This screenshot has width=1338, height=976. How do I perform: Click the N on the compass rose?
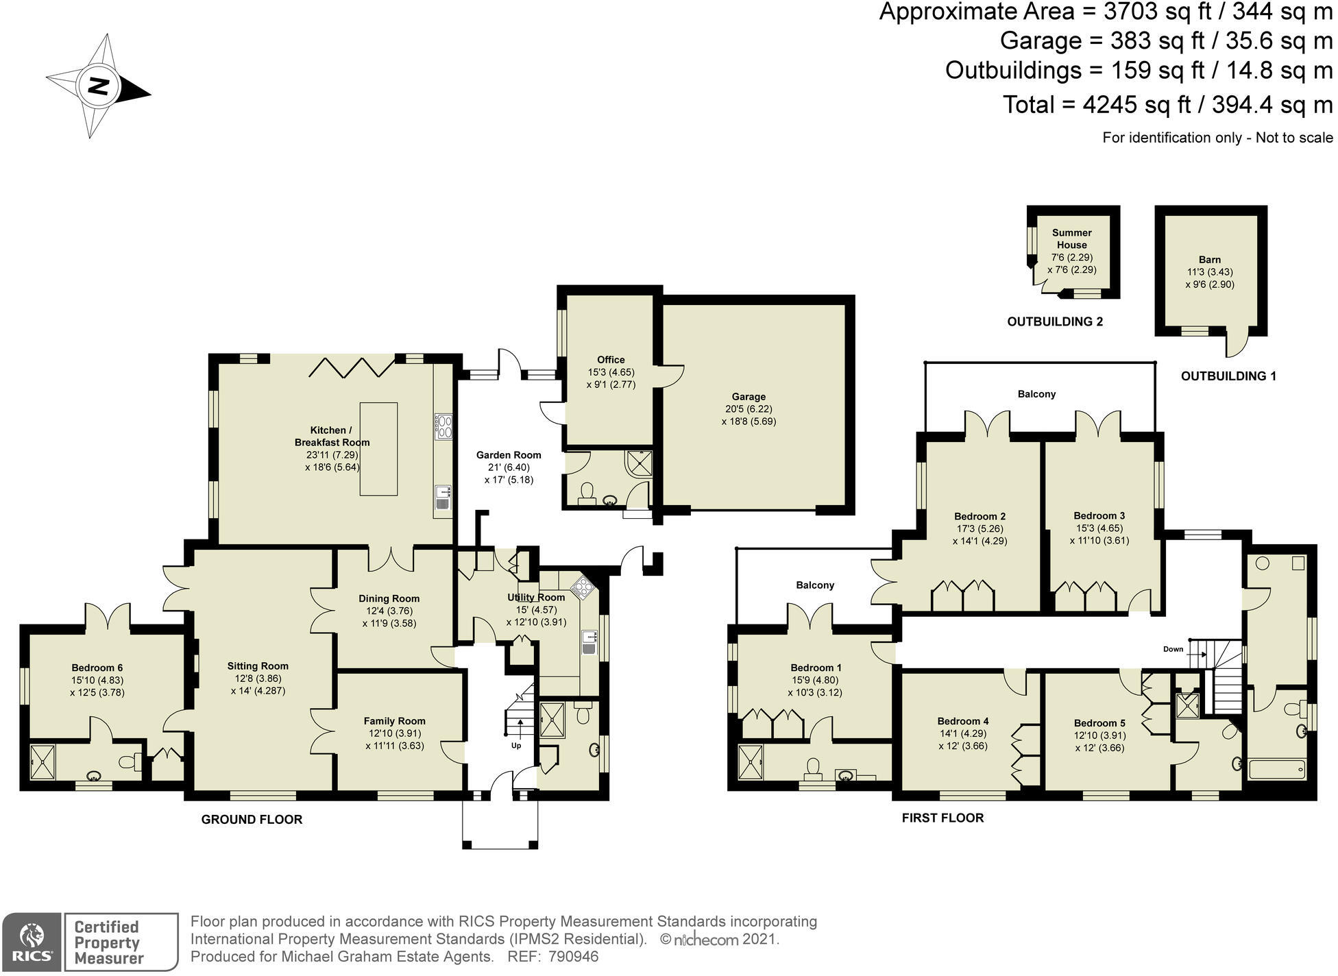click(99, 87)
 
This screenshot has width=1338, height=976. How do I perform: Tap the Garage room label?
click(749, 396)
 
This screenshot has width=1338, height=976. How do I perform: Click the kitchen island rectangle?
click(378, 449)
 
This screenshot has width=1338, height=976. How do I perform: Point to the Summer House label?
click(1071, 239)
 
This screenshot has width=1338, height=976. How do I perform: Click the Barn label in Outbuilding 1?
click(1209, 260)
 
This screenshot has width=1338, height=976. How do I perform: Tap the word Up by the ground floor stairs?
click(516, 745)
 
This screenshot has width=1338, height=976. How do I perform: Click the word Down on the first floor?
click(1173, 649)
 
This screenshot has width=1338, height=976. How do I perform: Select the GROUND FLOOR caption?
click(252, 819)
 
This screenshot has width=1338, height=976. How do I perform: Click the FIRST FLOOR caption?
click(942, 818)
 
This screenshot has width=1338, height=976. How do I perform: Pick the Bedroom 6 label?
click(97, 668)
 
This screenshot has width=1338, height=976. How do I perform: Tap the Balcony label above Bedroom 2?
click(1036, 394)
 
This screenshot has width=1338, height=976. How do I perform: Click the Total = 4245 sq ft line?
click(1167, 105)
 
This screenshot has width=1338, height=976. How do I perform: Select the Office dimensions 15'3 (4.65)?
click(611, 372)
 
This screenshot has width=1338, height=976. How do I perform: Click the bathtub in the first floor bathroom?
click(1277, 769)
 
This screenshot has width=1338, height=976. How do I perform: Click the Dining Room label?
click(389, 598)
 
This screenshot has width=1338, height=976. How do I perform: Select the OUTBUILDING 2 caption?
click(1054, 321)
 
